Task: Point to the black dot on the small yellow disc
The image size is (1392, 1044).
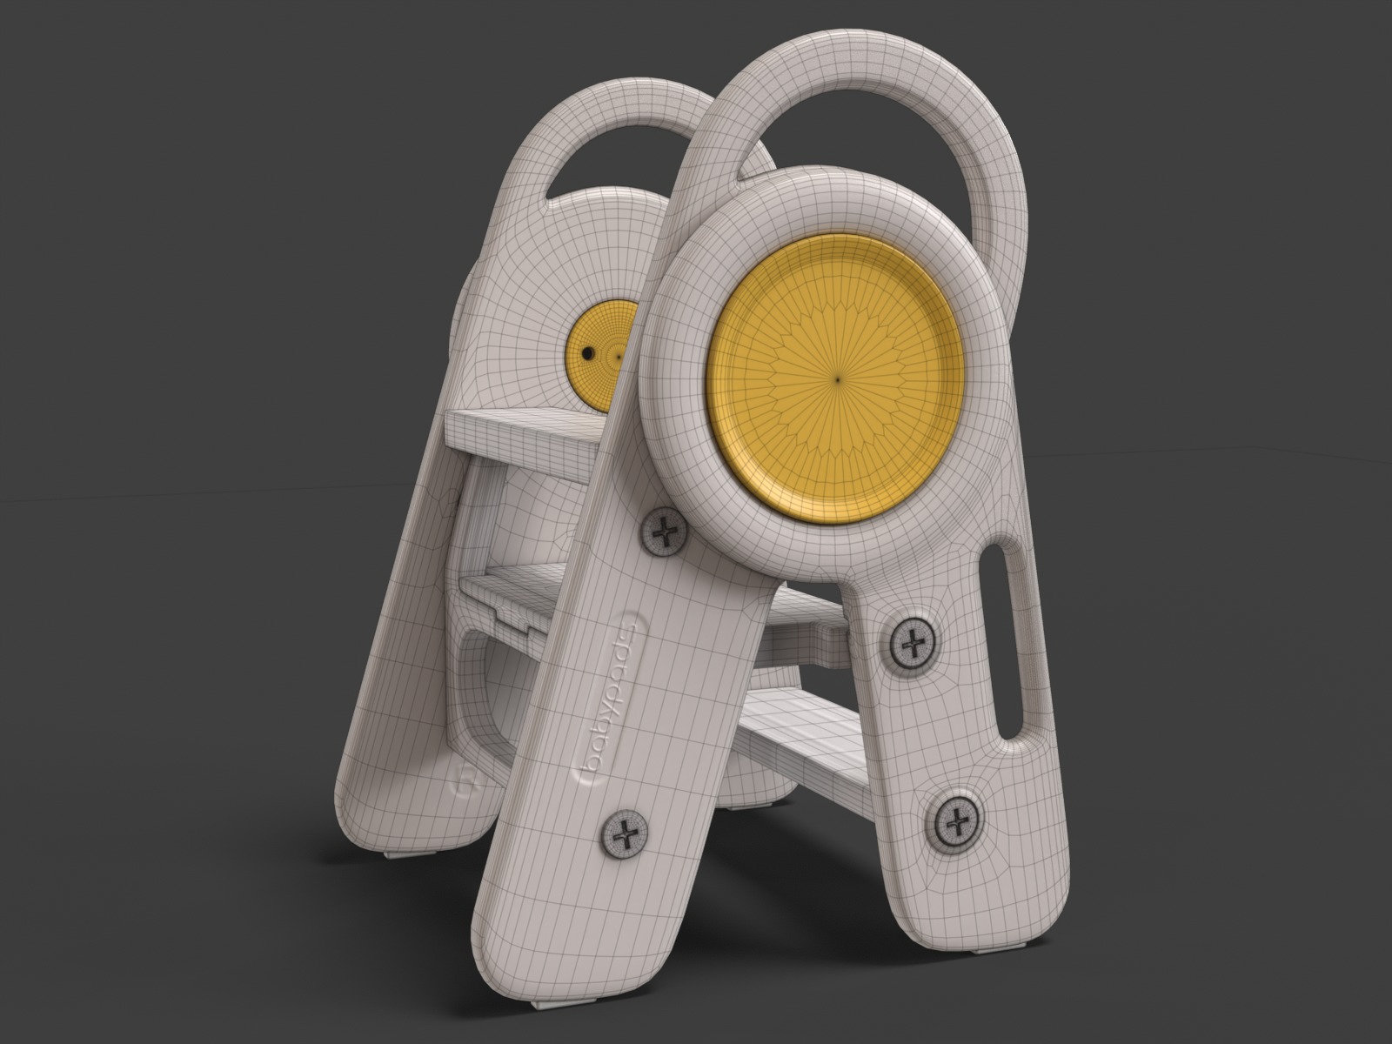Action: (588, 353)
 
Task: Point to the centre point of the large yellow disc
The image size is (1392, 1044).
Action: (837, 378)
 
